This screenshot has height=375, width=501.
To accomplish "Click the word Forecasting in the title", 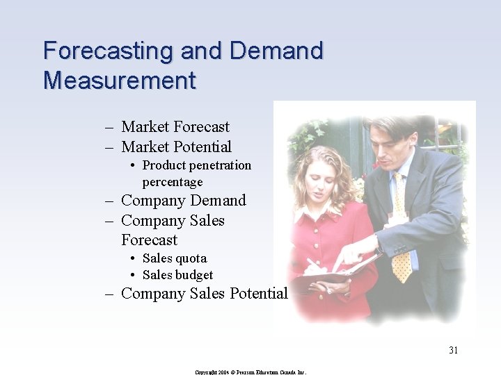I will (x=109, y=51).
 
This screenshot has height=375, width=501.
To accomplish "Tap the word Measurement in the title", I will (x=119, y=81).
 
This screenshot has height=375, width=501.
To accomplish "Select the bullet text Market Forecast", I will (x=175, y=127).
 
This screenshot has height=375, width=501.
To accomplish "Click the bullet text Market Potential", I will (x=176, y=147).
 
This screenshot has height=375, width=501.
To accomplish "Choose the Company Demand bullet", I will (x=183, y=201).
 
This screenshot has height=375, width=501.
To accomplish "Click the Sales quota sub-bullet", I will (x=174, y=258).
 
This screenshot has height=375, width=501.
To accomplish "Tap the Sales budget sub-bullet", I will (x=177, y=275).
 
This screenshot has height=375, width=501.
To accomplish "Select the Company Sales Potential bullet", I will (x=204, y=294).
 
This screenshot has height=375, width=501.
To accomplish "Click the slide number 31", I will (x=453, y=350).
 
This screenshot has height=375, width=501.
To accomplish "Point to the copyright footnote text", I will (x=250, y=372).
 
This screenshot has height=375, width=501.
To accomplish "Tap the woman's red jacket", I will (x=327, y=236).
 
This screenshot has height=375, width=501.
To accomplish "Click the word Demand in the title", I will (x=276, y=51).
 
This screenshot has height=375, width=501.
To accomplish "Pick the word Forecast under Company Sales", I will (x=149, y=240).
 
